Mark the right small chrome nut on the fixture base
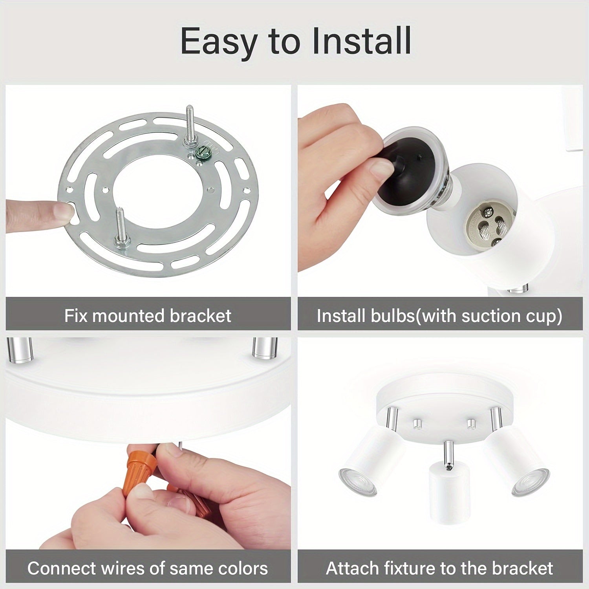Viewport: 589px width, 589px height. point(471,424)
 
